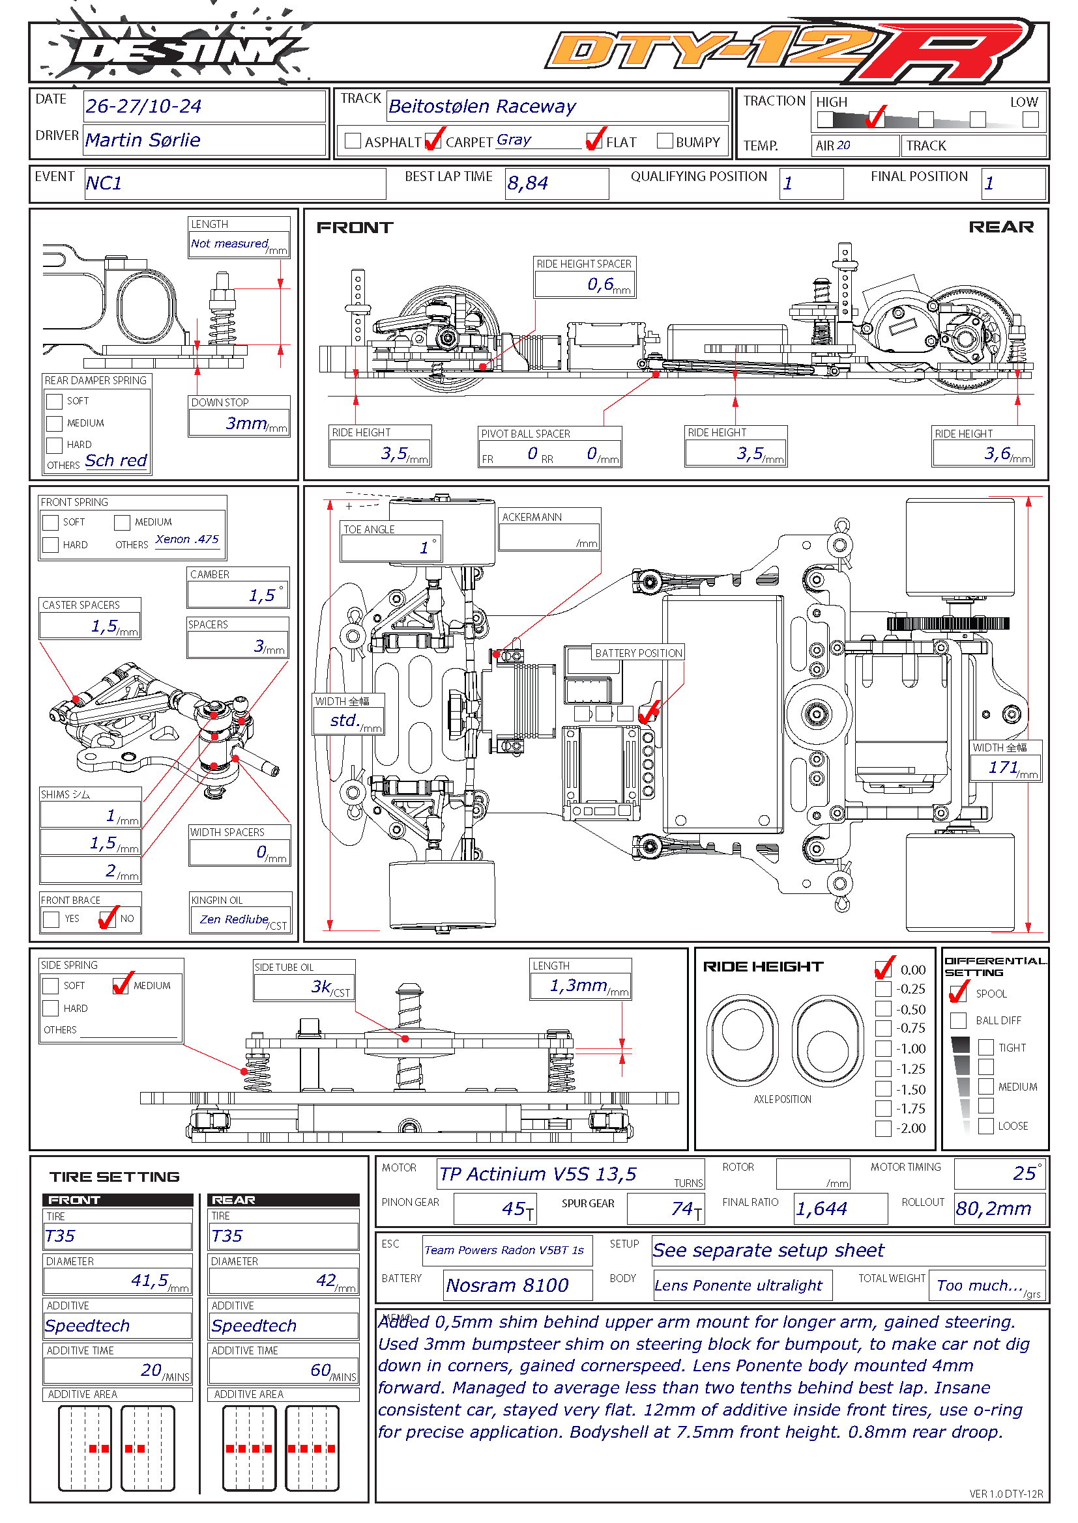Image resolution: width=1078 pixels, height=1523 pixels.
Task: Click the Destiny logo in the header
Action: click(x=176, y=49)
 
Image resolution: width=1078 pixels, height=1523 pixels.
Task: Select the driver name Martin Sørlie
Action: click(x=143, y=140)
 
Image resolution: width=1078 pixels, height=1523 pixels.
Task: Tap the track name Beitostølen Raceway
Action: click(x=482, y=106)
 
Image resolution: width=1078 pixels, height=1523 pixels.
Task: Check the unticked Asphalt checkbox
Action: click(x=353, y=141)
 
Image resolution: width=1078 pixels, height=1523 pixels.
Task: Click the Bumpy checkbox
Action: click(x=664, y=141)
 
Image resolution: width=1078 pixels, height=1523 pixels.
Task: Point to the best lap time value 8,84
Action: click(x=528, y=183)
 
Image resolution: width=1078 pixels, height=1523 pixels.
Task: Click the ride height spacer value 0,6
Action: click(x=600, y=285)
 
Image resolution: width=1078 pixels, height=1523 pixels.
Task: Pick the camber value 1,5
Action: click(x=261, y=595)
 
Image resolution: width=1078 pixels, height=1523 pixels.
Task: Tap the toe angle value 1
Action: click(x=424, y=547)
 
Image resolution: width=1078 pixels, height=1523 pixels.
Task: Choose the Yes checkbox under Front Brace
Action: click(x=51, y=919)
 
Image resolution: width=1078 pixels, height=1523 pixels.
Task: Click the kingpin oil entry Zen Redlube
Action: click(x=234, y=919)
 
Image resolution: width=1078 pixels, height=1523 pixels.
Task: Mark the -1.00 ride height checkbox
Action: click(x=883, y=1049)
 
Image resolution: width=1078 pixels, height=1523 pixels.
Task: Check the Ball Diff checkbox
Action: click(x=958, y=1020)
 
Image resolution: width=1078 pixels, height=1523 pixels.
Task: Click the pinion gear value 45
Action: click(x=514, y=1209)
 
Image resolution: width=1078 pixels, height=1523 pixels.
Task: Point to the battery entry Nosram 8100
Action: click(x=507, y=1285)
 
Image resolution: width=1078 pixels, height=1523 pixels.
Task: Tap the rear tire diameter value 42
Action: click(x=326, y=1280)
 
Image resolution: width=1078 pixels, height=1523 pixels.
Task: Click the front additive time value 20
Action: click(x=151, y=1370)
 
